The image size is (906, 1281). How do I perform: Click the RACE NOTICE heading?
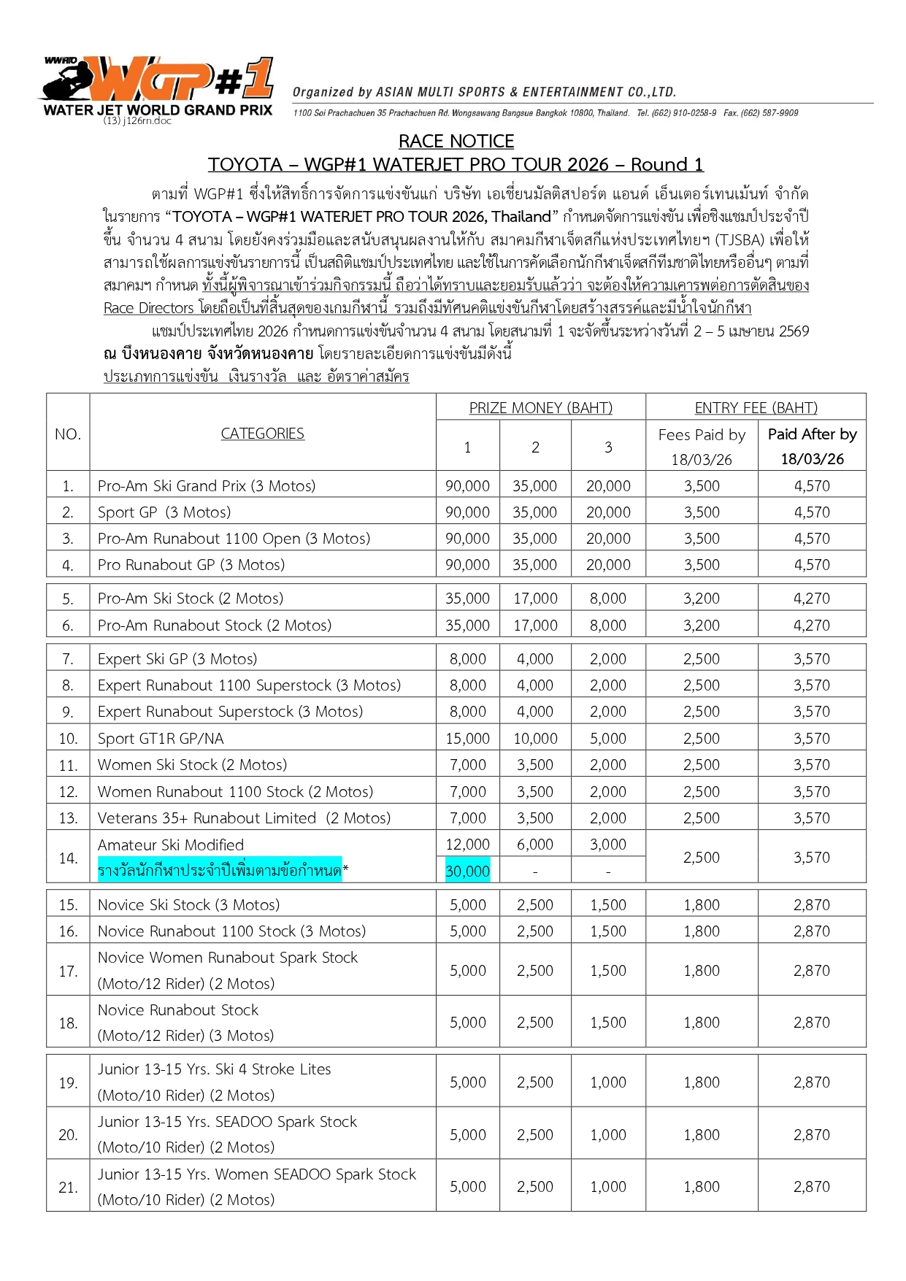pos(456,141)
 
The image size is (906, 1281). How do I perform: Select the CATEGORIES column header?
pos(262,434)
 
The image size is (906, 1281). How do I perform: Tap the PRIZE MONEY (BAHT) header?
pos(540,407)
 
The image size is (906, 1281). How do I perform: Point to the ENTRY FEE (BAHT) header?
pos(756,407)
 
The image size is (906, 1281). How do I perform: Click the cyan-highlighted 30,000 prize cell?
pos(467,871)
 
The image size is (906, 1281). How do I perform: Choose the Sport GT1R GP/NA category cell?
pos(161,739)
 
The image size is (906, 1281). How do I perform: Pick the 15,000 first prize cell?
pos(467,739)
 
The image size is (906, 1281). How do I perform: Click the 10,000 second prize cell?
pos(535,739)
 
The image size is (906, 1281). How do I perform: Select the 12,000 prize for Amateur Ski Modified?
pos(467,845)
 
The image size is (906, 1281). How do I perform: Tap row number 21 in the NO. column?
pos(68,1188)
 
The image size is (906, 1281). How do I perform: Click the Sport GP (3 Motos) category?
pos(164,512)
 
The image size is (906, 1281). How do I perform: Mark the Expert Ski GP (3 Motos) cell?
pos(177,659)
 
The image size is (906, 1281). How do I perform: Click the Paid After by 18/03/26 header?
pos(812,446)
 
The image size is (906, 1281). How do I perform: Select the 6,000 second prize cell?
pos(535,845)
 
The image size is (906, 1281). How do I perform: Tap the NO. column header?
pos(68,434)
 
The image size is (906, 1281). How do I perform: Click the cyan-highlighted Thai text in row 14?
pos(220,871)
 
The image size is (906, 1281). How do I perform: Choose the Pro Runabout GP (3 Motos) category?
pos(191,565)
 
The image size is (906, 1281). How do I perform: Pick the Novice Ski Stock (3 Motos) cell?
pos(188,905)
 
